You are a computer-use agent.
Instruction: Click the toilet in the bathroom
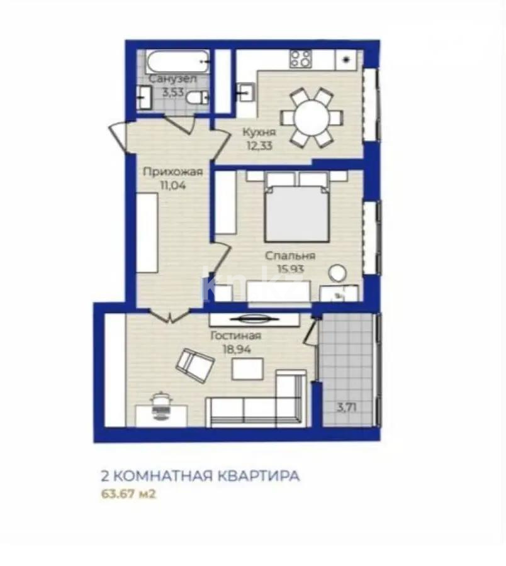(200, 97)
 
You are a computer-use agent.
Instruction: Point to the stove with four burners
(301, 58)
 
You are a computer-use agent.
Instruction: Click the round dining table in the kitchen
(313, 118)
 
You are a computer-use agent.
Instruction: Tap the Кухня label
(259, 133)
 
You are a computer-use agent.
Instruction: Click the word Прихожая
(172, 172)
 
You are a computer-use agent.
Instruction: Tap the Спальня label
(290, 256)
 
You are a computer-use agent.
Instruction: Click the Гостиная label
(236, 336)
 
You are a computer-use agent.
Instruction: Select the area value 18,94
(237, 350)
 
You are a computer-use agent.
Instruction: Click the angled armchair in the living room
(196, 366)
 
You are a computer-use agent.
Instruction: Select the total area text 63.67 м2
(128, 494)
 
